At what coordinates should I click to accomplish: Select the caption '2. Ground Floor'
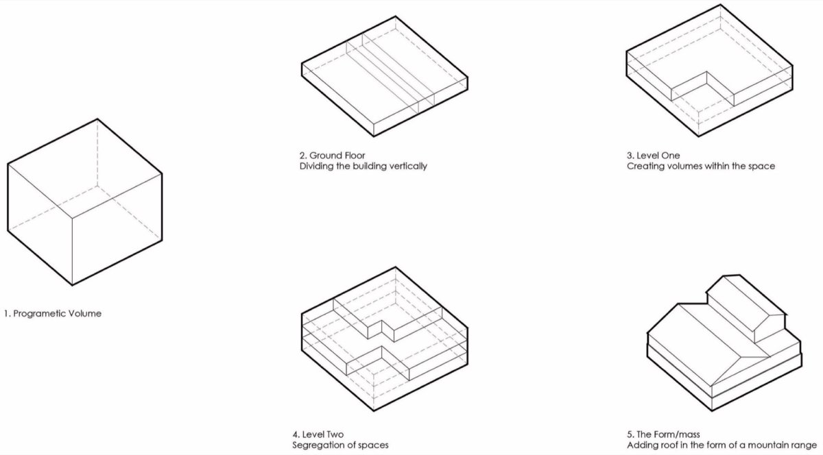332,156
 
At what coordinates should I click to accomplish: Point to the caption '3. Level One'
653,156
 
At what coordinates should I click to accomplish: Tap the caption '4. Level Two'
318,434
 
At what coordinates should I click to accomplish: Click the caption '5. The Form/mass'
664,434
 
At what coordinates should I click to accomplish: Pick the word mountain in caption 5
769,445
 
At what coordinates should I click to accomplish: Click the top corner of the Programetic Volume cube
97,119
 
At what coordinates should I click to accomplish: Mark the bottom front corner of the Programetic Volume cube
72,285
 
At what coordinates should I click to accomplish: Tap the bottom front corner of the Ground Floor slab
374,136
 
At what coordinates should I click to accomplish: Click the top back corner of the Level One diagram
720,4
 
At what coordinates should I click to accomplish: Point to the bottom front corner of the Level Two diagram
374,410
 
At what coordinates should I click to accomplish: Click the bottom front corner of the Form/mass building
712,411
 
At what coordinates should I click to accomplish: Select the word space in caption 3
761,167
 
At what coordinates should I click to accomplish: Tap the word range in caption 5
804,446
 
